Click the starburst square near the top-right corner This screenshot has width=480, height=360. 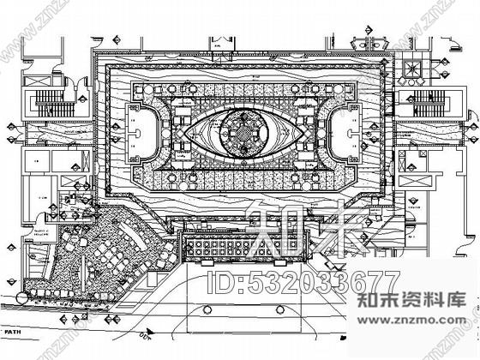410,66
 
